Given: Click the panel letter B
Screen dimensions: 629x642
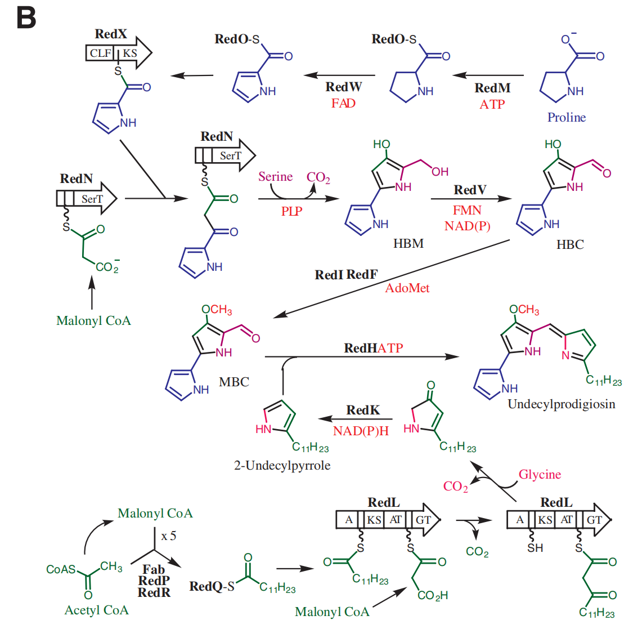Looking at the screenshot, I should point(26,18).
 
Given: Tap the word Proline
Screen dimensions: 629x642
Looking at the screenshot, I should point(566,117).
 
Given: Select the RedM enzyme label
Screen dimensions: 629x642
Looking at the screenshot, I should point(492,88).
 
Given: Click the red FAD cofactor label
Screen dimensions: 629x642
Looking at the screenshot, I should point(343,103).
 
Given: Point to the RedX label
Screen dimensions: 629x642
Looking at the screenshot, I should point(111,34).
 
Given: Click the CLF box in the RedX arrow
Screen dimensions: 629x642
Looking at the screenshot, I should point(101,53).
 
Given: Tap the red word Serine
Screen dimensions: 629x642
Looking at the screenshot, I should point(275,176).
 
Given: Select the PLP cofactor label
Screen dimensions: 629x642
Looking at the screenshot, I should point(291,211).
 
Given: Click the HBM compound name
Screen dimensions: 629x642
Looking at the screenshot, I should point(408,243).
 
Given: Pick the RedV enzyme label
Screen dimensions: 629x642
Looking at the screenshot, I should point(470,190).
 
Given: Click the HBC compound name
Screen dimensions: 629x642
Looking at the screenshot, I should point(570,244).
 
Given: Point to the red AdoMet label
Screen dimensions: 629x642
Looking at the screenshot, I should point(407,288).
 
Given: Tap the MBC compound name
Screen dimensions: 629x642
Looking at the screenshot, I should point(234,382).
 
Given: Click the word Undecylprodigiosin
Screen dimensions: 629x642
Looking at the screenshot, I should point(561,404).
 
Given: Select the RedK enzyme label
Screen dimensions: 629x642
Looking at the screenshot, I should point(363,410).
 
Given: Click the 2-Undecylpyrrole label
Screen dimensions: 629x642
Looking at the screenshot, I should point(282,465).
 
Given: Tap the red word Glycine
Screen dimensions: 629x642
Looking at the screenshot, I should point(540,474).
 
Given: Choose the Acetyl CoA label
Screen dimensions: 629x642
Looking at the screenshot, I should point(96,610).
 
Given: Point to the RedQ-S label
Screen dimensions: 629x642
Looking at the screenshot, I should point(212,586).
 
